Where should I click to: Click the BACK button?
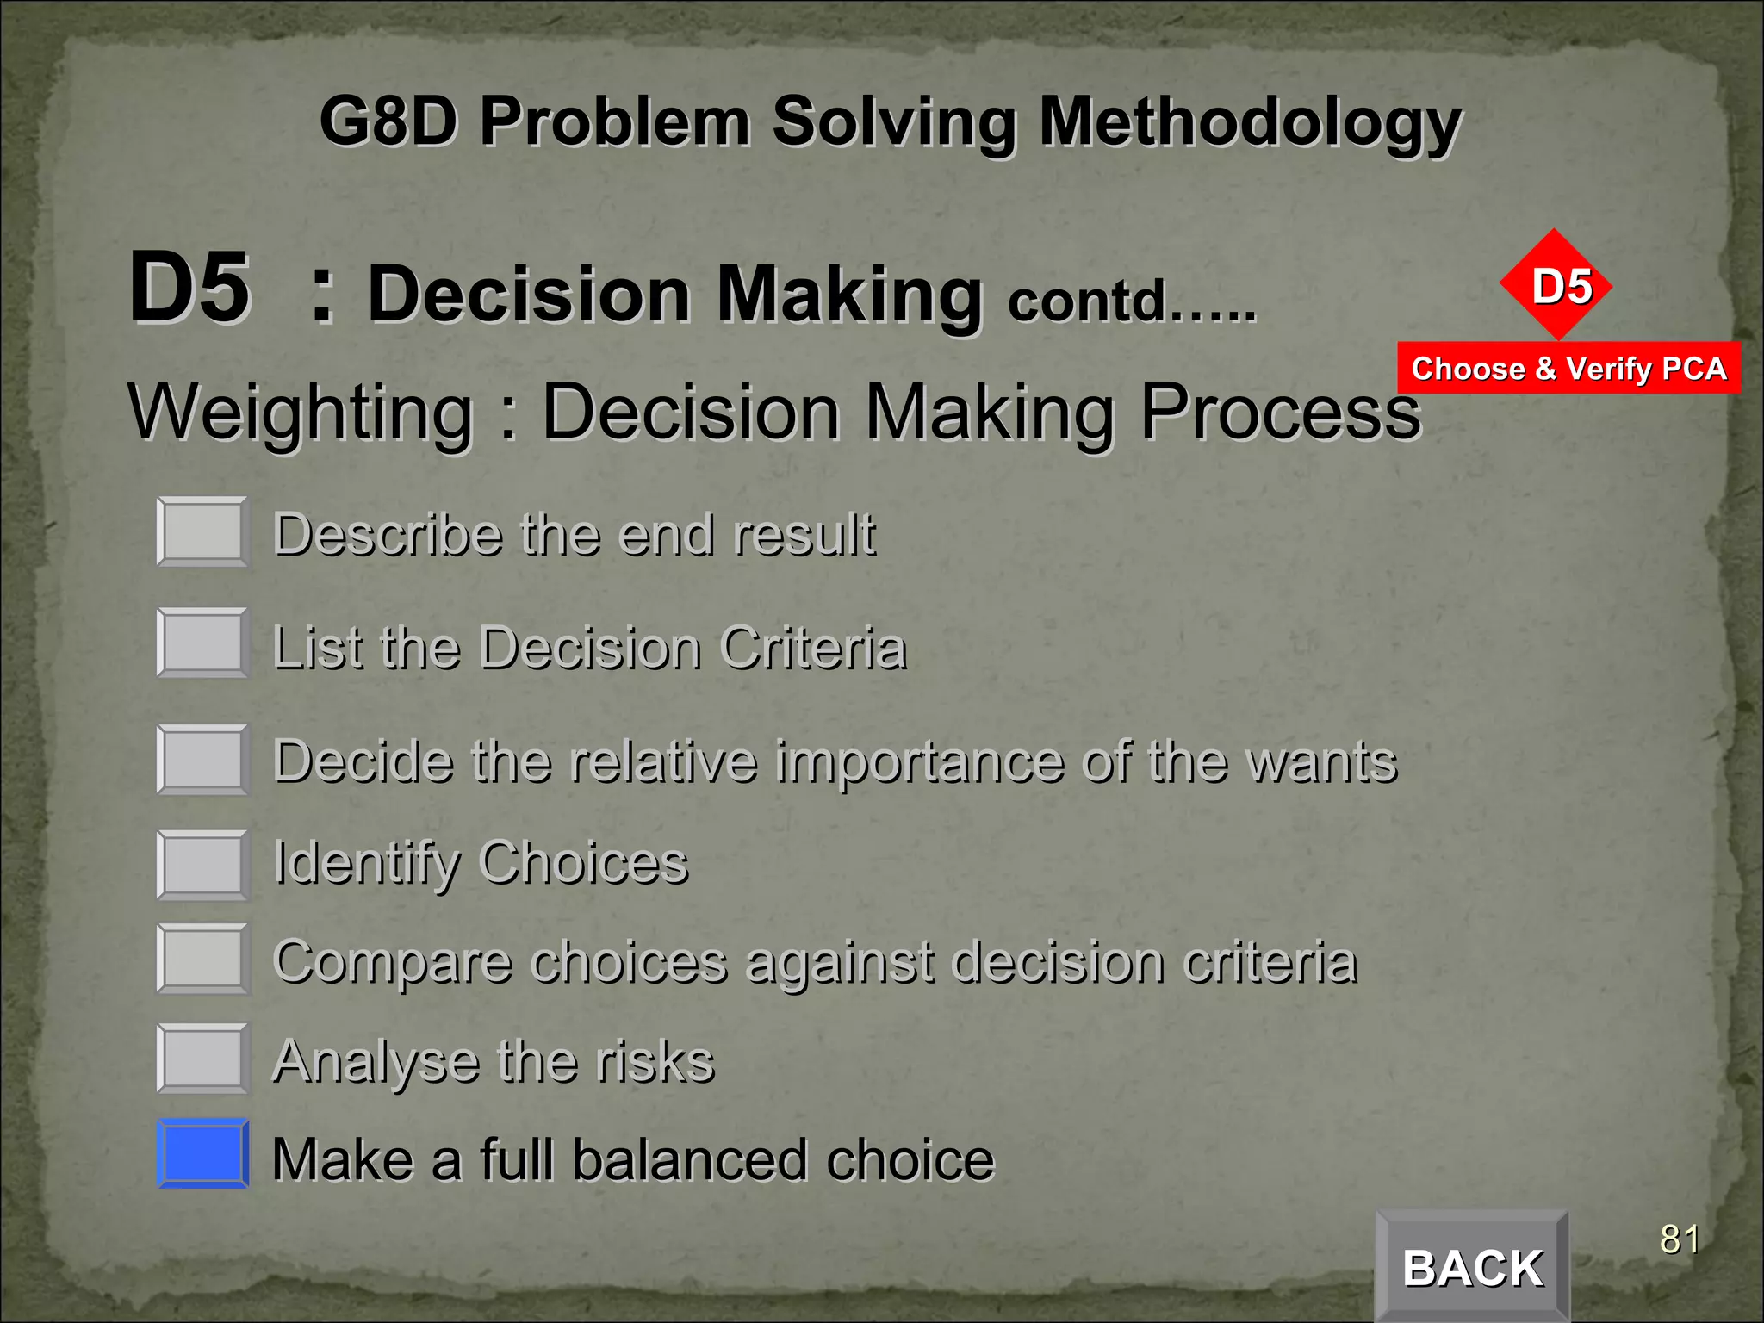pos(1472,1266)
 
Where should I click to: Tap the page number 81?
pos(1680,1239)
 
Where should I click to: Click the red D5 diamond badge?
pos(1556,285)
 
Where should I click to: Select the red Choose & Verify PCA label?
pos(1568,369)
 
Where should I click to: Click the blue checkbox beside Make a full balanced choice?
pos(203,1153)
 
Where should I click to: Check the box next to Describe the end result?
pos(203,531)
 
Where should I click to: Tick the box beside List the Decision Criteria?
pos(203,643)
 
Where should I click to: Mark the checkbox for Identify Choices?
pos(203,865)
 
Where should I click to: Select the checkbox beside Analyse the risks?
pos(203,1058)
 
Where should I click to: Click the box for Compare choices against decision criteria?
pos(203,959)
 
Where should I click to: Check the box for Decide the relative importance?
pos(203,760)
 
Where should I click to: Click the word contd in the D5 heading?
pos(1087,301)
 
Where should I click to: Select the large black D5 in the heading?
pos(189,288)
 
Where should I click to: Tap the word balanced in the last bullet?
pos(689,1159)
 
